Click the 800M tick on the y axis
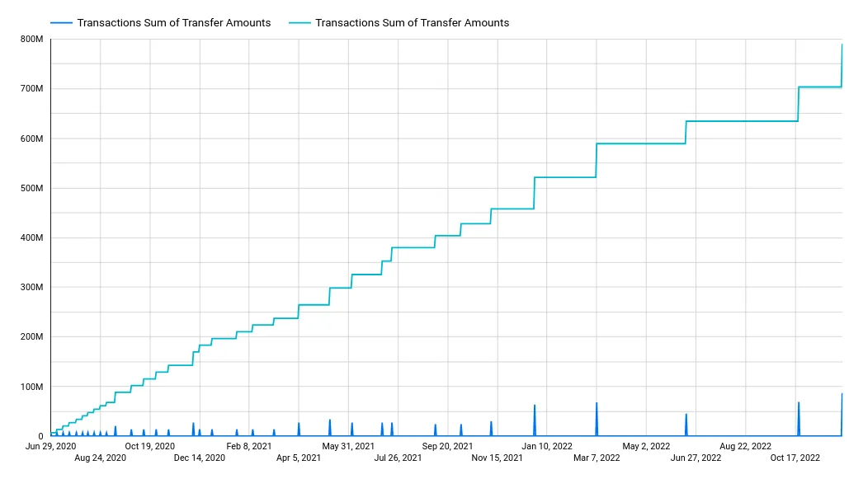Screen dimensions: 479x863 tap(31, 39)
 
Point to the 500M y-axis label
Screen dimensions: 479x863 tap(31, 188)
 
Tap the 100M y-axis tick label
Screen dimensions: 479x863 tap(31, 387)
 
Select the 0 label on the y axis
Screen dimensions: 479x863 tap(39, 436)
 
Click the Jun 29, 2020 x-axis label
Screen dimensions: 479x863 tap(51, 446)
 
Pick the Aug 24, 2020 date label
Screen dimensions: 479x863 tap(100, 458)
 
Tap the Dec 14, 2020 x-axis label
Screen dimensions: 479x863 tap(200, 458)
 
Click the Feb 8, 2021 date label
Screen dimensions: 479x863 tap(249, 446)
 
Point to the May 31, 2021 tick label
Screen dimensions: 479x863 tap(348, 446)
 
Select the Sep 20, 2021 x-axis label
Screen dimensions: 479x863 tap(447, 446)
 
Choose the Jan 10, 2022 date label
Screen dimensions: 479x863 tap(546, 446)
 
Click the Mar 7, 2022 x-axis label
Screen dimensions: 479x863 tap(597, 458)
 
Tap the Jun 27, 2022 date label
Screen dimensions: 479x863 tap(696, 458)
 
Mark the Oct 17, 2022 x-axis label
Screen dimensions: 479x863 tap(795, 458)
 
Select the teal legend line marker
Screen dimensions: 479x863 tap(299, 23)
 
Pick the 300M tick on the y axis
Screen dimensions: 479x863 tap(31, 287)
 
